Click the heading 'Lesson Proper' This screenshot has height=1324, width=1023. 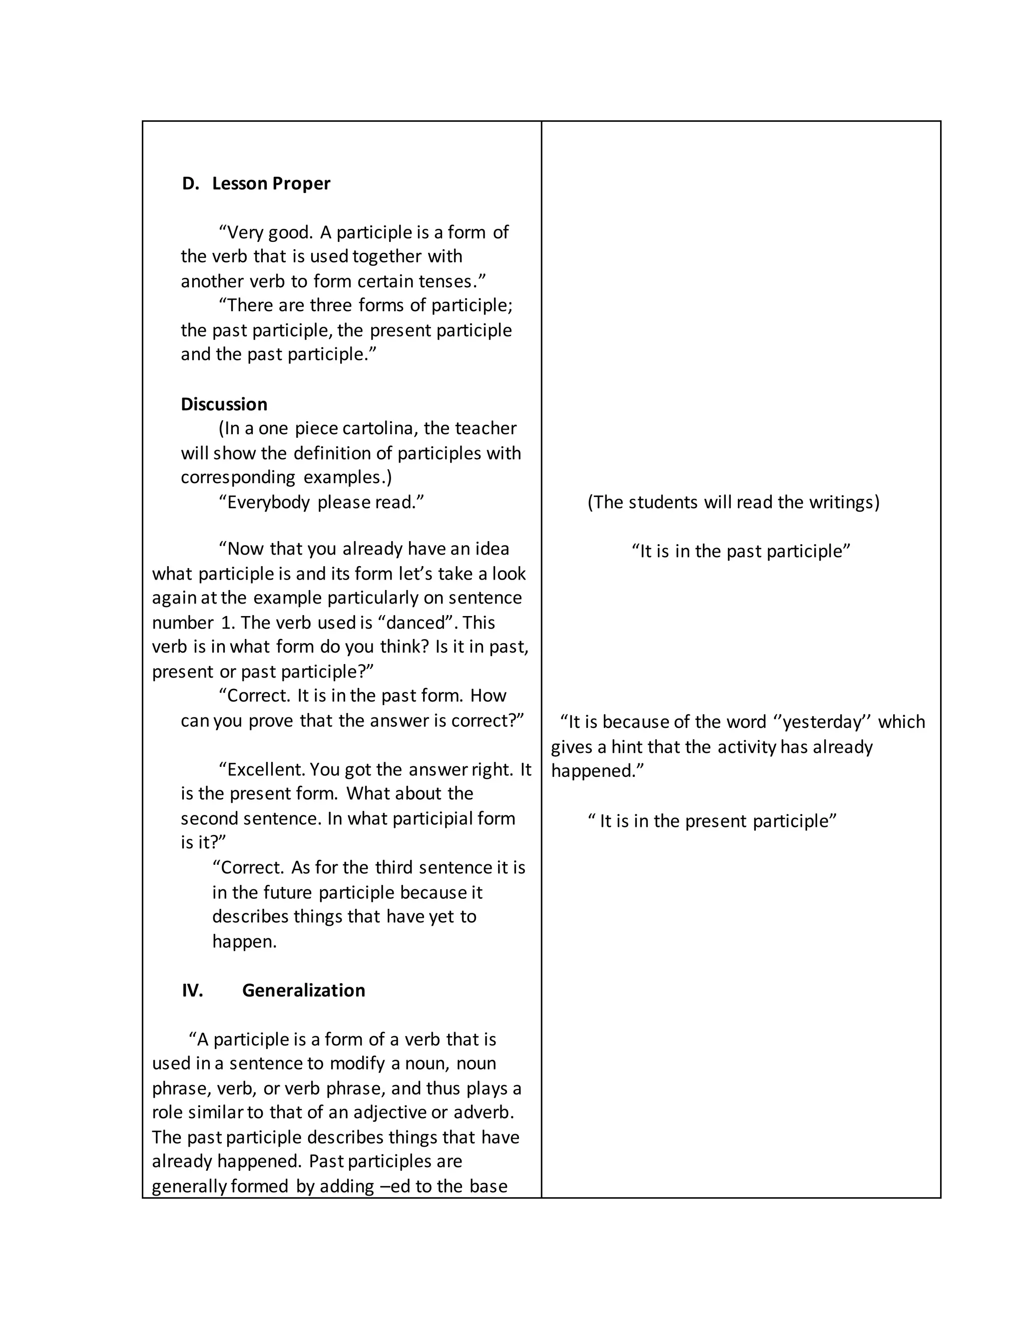tap(271, 184)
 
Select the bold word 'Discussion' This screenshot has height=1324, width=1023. tap(224, 404)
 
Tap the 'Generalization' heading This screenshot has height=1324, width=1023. tap(304, 991)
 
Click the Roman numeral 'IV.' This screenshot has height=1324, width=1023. tap(192, 991)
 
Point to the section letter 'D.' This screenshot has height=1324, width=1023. tap(190, 184)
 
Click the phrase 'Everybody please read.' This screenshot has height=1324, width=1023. tap(321, 503)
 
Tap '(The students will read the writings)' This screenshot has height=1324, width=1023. tap(733, 503)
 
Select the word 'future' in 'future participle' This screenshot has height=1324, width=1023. tap(289, 893)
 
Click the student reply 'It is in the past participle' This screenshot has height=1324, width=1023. tap(741, 552)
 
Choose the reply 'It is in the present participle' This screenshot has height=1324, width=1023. tap(713, 821)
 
